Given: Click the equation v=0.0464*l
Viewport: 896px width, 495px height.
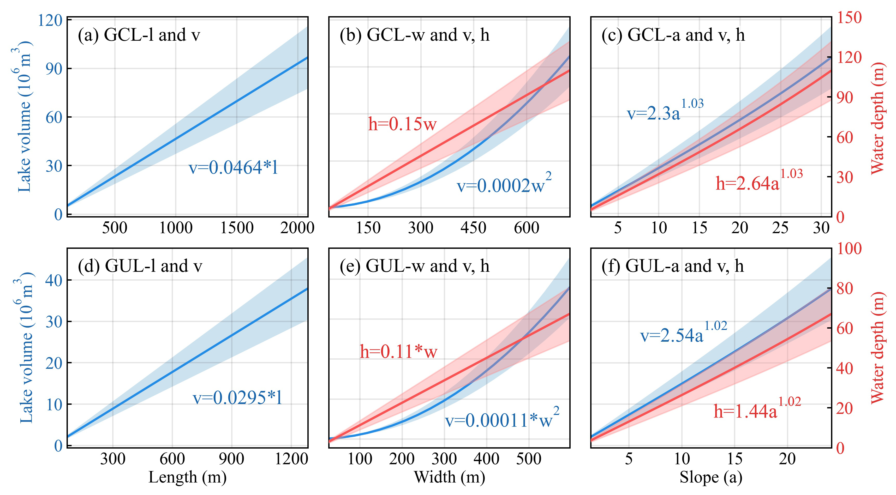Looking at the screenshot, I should pyautogui.click(x=233, y=167).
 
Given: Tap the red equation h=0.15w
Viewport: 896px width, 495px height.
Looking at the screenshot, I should pyautogui.click(x=402, y=124).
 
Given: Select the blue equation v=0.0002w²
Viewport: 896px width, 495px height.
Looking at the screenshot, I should pyautogui.click(x=503, y=184).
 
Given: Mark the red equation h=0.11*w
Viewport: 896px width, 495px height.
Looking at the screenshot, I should pyautogui.click(x=398, y=352).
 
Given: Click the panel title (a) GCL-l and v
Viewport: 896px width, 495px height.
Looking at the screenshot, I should pyautogui.click(x=139, y=35).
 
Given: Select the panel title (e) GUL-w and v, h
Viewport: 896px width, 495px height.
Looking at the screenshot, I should pyautogui.click(x=414, y=266).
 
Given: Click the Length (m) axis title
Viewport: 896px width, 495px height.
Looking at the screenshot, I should pyautogui.click(x=188, y=477).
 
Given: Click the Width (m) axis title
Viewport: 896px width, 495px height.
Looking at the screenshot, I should pyautogui.click(x=449, y=477).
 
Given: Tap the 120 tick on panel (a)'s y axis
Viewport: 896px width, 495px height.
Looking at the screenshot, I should pyautogui.click(x=50, y=21).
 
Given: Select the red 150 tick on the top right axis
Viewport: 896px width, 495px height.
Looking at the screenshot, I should pyautogui.click(x=849, y=17).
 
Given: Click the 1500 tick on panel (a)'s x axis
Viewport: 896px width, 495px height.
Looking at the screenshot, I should pyautogui.click(x=237, y=228).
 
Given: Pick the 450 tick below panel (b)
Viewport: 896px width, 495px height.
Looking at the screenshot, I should pyautogui.click(x=473, y=228).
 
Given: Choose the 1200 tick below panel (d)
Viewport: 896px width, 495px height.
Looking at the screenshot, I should pyautogui.click(x=291, y=459).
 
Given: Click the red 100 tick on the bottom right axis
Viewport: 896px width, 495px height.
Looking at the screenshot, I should pyautogui.click(x=849, y=249).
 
